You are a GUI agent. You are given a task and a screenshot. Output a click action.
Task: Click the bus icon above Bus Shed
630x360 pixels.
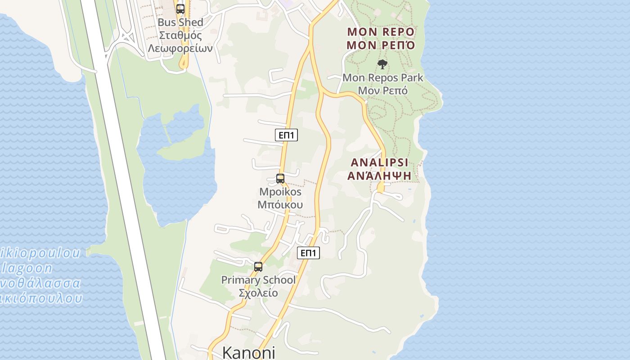pos(180,9)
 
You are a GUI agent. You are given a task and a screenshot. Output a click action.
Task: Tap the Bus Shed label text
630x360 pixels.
pos(180,22)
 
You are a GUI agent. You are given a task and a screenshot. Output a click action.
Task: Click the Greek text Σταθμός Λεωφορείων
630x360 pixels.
pos(180,42)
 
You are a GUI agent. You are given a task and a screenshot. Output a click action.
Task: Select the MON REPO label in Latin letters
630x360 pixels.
pos(381,32)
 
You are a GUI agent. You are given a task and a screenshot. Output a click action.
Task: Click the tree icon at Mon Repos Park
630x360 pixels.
pos(382,64)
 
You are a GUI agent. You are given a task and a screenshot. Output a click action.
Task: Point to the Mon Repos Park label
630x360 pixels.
pos(382,77)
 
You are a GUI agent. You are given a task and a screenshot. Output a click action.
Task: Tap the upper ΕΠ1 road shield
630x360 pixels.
pos(286,135)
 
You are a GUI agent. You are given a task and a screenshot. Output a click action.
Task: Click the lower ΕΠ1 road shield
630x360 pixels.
pos(308,253)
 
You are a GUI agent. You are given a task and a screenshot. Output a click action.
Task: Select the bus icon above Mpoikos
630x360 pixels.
pos(280,179)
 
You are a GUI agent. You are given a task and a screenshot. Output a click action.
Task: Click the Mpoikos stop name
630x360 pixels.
pos(280,192)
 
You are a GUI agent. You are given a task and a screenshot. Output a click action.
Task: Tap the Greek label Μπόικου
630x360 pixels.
pos(280,205)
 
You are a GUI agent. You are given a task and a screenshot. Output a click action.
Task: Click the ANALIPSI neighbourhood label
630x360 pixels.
pos(379,162)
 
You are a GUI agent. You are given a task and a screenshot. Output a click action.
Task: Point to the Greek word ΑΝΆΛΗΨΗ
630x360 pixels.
pos(379,175)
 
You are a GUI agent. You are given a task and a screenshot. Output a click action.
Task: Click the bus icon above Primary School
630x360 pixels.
pos(258,266)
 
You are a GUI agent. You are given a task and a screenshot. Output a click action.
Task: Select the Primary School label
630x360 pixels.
pos(258,280)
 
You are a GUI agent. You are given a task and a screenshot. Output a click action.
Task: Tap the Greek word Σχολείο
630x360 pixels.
pos(258,293)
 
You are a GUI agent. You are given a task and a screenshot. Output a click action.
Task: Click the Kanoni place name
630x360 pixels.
pos(248,352)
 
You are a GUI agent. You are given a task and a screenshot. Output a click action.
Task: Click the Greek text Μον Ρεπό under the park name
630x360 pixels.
pos(382,90)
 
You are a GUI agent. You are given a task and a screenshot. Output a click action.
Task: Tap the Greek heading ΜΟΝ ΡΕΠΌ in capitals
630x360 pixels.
pos(381,45)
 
